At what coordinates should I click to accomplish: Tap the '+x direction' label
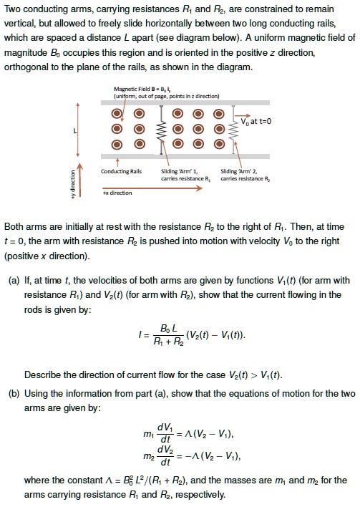coord(115,192)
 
